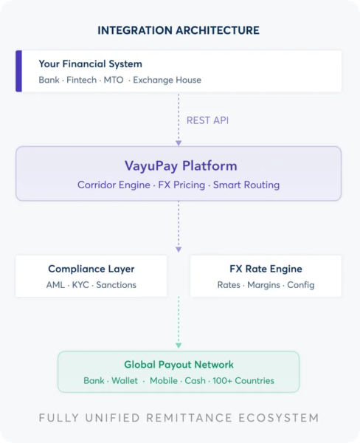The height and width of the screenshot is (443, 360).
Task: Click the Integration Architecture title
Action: tap(179, 30)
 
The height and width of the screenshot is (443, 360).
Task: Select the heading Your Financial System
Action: tap(90, 64)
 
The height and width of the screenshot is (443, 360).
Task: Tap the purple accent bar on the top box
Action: tap(18, 71)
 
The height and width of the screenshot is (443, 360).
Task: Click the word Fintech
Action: tap(82, 80)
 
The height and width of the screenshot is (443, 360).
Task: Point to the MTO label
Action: tap(114, 80)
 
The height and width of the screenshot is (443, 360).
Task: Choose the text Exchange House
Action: tap(167, 80)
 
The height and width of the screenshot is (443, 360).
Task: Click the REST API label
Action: tap(207, 120)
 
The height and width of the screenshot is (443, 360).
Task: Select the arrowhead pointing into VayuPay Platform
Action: tap(179, 143)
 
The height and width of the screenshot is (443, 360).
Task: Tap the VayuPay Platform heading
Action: tap(181, 166)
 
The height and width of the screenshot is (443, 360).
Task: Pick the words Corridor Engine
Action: tap(114, 185)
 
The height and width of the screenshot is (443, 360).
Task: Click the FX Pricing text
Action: tap(181, 185)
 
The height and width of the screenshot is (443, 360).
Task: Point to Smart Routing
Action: tap(246, 185)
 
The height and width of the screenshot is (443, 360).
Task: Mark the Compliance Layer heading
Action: tap(91, 269)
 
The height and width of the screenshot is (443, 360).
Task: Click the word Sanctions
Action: tap(116, 285)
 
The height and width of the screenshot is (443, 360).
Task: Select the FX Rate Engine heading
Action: tap(266, 269)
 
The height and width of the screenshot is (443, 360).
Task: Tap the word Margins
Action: tap(263, 285)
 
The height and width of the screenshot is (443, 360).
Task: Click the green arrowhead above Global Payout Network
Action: tap(179, 346)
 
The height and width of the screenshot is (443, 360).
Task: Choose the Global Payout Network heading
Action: tap(179, 365)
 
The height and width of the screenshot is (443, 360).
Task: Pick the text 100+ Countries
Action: tap(243, 380)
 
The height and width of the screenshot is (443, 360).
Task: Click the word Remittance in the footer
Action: tap(189, 418)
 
